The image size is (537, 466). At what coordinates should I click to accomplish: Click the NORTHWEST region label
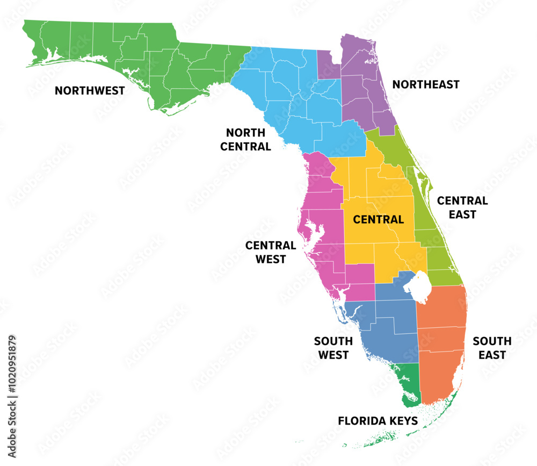point(90,90)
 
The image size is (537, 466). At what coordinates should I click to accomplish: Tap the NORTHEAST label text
point(426,84)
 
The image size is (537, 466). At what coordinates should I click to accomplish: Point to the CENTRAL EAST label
point(462,207)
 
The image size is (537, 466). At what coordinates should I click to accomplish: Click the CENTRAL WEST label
point(271,252)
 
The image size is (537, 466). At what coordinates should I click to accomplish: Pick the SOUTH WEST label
point(333,348)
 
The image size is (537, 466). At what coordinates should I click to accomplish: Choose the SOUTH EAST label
point(492,348)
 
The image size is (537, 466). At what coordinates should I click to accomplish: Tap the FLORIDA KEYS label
point(378,421)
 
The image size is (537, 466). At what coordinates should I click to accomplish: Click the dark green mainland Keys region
point(408,382)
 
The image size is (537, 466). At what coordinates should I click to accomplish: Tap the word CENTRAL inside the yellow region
point(379,219)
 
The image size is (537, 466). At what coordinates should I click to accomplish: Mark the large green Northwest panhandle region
point(161,59)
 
